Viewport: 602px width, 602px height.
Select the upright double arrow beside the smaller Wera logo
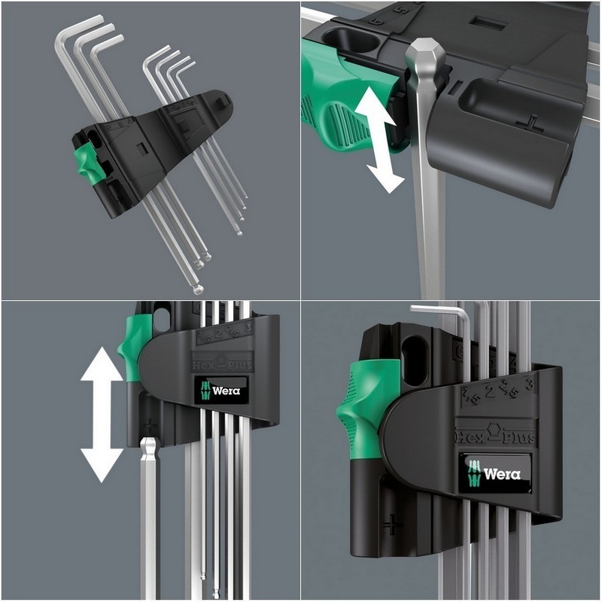coord(102,414)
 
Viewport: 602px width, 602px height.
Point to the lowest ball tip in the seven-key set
coord(197,288)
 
